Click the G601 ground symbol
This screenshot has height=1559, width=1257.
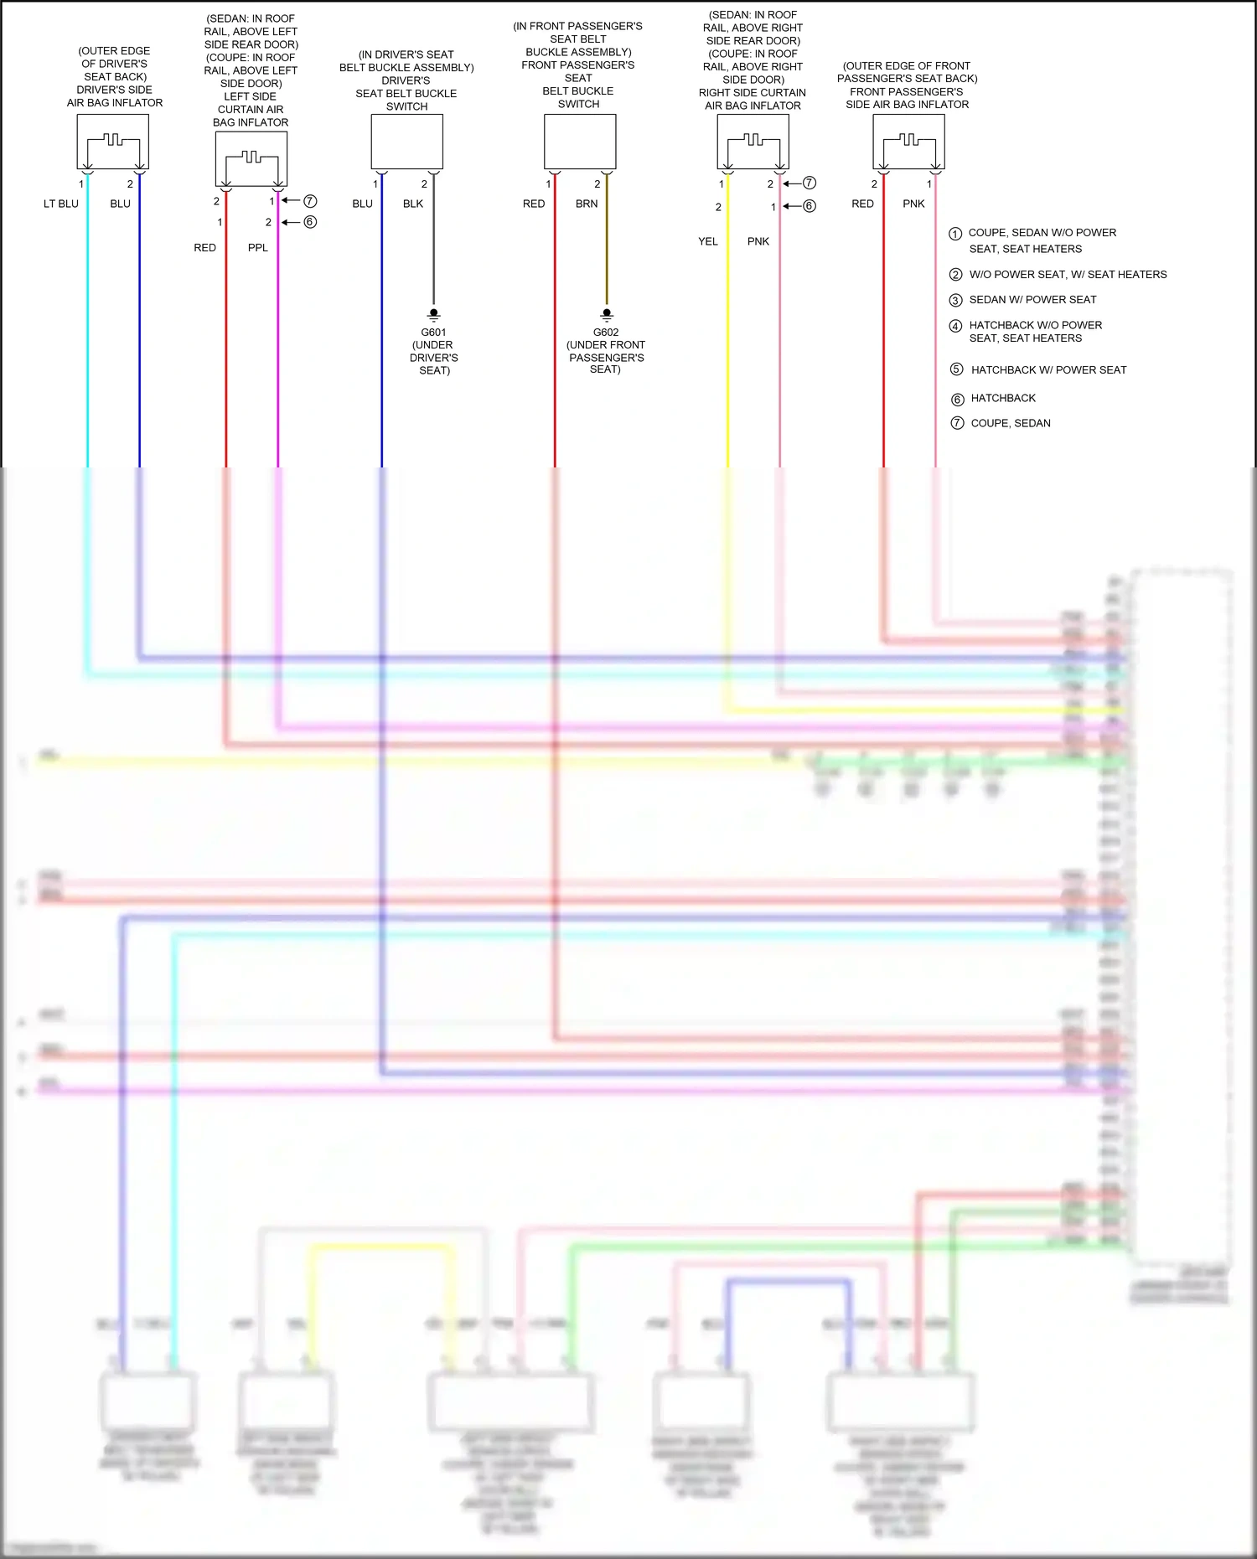click(433, 315)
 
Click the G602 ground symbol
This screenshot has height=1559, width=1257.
click(607, 315)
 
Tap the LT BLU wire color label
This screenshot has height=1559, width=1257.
click(61, 204)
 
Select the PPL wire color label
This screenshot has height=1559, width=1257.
click(258, 248)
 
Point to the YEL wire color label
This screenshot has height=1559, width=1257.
click(708, 241)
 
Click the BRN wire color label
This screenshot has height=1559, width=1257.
click(587, 204)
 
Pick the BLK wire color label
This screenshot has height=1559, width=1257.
click(413, 204)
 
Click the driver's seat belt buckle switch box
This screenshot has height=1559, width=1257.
click(406, 142)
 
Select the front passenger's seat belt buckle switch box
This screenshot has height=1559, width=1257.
click(580, 142)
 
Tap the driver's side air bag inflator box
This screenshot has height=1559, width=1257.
click(112, 142)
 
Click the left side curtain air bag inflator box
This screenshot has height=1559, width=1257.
click(251, 159)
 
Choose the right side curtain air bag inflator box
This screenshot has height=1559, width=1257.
click(753, 142)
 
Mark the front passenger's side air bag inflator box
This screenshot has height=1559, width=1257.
click(908, 142)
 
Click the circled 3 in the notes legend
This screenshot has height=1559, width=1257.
click(955, 300)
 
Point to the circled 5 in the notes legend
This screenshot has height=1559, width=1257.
click(956, 369)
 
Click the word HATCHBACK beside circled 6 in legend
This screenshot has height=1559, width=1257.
click(1003, 398)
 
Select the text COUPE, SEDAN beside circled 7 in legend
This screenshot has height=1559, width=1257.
click(1011, 423)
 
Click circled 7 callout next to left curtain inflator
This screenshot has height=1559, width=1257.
click(310, 201)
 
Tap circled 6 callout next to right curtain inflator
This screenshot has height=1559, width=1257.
click(810, 206)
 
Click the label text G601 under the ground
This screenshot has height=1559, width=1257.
click(433, 333)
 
